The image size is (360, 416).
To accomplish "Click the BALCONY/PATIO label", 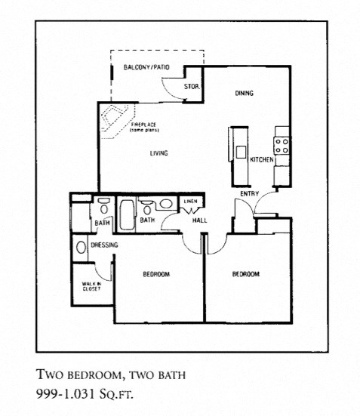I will click(146, 68).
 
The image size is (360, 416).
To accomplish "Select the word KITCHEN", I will click(261, 160).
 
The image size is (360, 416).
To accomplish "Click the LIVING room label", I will click(158, 153).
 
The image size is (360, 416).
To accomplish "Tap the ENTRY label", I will click(249, 194).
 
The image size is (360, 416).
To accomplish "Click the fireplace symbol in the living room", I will click(118, 119).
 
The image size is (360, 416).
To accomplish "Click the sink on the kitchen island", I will click(241, 151).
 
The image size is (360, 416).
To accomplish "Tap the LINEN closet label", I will click(189, 201).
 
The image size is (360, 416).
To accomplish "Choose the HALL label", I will click(200, 220).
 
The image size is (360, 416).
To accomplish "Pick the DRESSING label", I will click(104, 245).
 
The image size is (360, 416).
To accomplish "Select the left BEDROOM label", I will click(156, 274).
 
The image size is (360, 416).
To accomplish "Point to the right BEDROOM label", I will click(245, 274).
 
